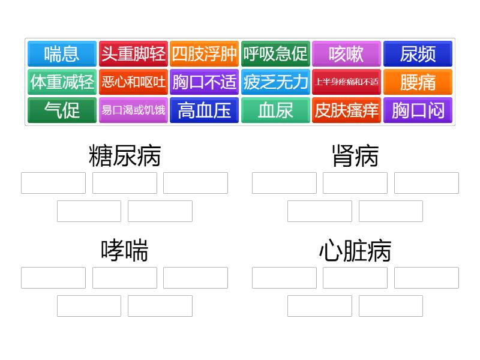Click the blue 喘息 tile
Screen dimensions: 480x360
click(62, 53)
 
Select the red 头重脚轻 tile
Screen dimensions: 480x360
click(133, 53)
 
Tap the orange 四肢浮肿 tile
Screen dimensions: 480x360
click(204, 53)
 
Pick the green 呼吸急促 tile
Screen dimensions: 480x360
click(275, 53)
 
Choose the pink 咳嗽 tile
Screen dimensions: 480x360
click(347, 53)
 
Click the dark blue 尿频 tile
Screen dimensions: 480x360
click(418, 53)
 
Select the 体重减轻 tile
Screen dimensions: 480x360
click(62, 82)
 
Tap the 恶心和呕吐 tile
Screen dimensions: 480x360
click(133, 82)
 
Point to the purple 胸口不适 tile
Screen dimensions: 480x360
click(204, 82)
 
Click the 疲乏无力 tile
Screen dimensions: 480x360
click(275, 82)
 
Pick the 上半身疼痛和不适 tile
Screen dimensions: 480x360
click(347, 82)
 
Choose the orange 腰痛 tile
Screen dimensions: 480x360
click(418, 82)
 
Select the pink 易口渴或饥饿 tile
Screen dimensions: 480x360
click(133, 110)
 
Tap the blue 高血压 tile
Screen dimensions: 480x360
click(204, 110)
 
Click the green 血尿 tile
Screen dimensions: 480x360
click(275, 110)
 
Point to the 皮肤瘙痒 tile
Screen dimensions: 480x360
click(347, 110)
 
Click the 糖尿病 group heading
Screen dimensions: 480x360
click(125, 156)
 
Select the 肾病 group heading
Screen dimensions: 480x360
click(355, 156)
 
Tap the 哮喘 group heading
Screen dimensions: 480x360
click(125, 251)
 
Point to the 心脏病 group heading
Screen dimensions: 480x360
click(355, 251)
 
